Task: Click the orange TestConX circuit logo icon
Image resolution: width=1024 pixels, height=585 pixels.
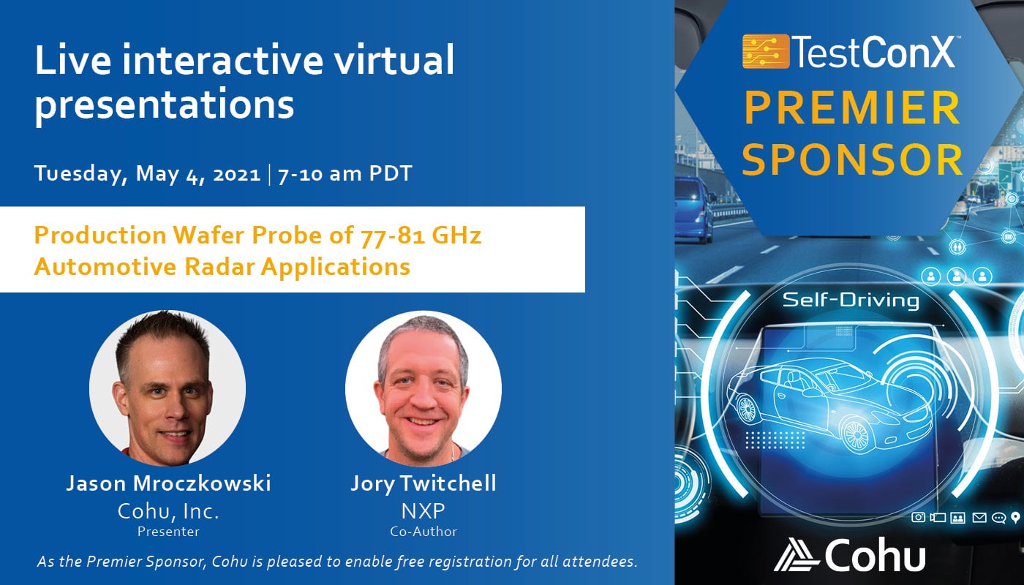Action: pos(766,51)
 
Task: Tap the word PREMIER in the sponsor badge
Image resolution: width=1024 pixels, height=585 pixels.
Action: pos(853,108)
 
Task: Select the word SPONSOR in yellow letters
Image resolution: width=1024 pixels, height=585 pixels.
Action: pos(853,159)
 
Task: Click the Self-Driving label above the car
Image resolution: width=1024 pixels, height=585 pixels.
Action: pos(850,301)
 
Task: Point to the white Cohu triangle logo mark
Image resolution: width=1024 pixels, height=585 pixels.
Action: pos(796,554)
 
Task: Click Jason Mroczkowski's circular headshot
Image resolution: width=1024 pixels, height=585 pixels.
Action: pos(167,388)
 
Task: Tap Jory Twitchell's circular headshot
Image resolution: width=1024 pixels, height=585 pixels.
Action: pos(423,388)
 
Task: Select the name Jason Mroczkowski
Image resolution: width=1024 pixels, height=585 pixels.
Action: pos(168,483)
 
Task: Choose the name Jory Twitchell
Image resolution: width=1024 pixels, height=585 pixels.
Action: pos(423,484)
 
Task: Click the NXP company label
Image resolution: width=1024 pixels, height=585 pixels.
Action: pos(423,511)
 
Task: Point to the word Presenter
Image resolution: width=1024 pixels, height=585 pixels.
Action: pos(168,532)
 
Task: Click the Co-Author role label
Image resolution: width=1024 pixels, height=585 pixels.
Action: pos(423,532)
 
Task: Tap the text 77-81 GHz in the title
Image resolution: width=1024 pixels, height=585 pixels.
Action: pos(421,235)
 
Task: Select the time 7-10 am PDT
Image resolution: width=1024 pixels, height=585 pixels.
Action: pos(345,174)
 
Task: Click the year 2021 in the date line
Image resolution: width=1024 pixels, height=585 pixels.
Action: pos(237,175)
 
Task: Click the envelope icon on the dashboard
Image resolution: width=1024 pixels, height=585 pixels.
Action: pos(979,518)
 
